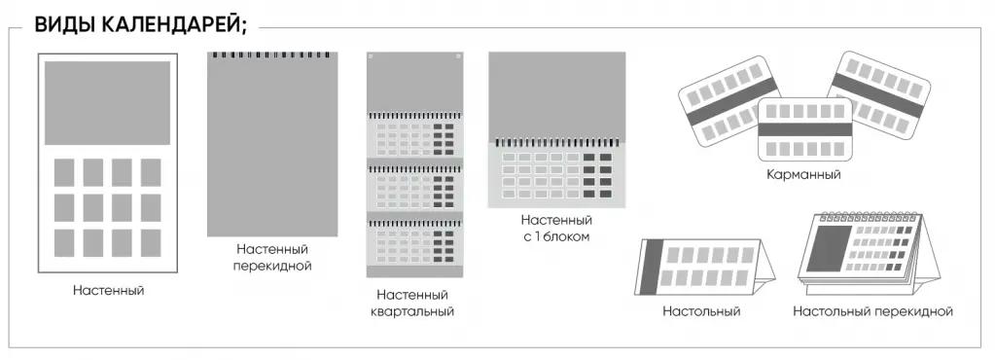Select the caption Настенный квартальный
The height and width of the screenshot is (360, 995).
[412, 304]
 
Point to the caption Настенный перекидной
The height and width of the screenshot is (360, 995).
[272, 258]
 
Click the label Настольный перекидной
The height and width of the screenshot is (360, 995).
[872, 311]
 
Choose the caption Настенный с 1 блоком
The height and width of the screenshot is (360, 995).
[555, 229]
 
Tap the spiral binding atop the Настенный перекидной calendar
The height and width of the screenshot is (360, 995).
[272, 54]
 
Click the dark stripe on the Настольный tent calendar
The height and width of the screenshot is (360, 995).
[653, 266]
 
